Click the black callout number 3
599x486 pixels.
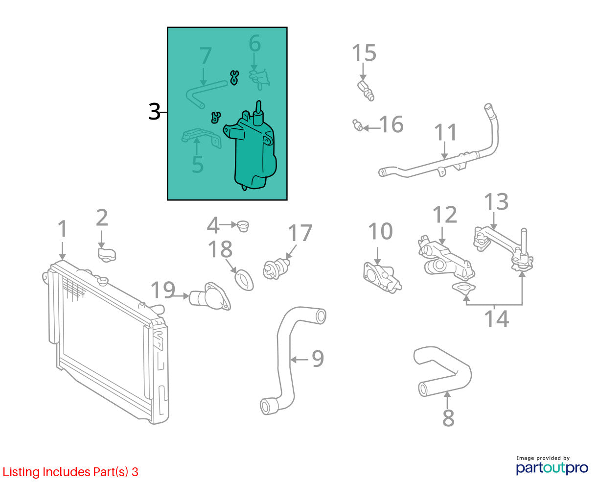154,112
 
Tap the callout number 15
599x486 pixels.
364,52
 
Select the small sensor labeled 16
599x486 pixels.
358,125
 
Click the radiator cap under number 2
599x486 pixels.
107,255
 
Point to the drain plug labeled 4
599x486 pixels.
243,226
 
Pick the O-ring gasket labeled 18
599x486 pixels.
244,280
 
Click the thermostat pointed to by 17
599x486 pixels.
276,269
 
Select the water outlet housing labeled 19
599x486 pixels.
210,297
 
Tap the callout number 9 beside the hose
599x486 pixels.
318,359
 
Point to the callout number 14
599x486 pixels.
496,319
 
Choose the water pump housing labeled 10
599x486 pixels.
382,277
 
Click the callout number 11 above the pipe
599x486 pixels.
445,132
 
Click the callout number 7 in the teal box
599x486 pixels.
205,55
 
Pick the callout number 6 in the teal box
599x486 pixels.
254,44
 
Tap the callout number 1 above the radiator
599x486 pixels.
63,228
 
